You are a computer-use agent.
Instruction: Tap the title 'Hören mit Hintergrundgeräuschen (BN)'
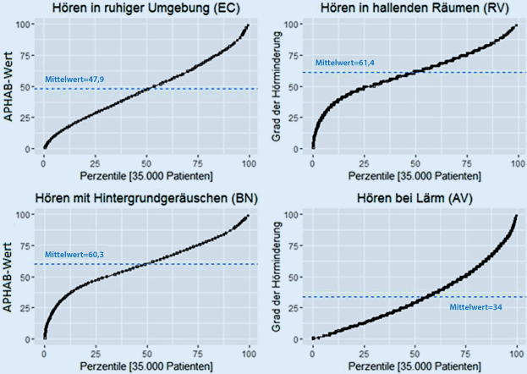tap(147, 199)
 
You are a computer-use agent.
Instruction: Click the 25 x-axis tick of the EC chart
tap(96, 162)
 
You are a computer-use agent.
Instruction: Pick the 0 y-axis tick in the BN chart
tap(34, 338)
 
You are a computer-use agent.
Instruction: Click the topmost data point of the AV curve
tap(515, 217)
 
